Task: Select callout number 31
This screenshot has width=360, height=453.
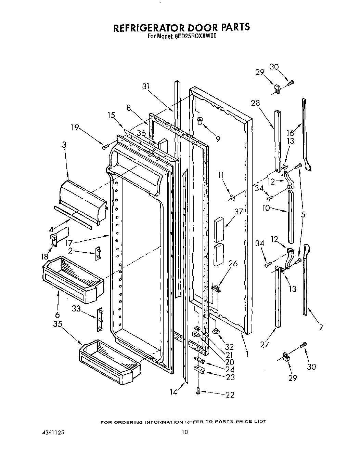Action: pos(146,87)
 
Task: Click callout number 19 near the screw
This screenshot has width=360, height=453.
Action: pos(75,128)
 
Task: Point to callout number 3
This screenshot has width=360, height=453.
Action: pos(64,145)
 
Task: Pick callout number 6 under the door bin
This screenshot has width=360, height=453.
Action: pos(57,315)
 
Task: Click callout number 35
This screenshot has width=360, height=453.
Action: pos(57,324)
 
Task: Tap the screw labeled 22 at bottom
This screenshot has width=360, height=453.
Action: pos(198,392)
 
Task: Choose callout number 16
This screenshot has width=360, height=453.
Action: pos(290,133)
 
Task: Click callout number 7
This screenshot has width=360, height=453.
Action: pos(321,328)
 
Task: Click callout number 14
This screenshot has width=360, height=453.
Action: pos(174,392)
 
